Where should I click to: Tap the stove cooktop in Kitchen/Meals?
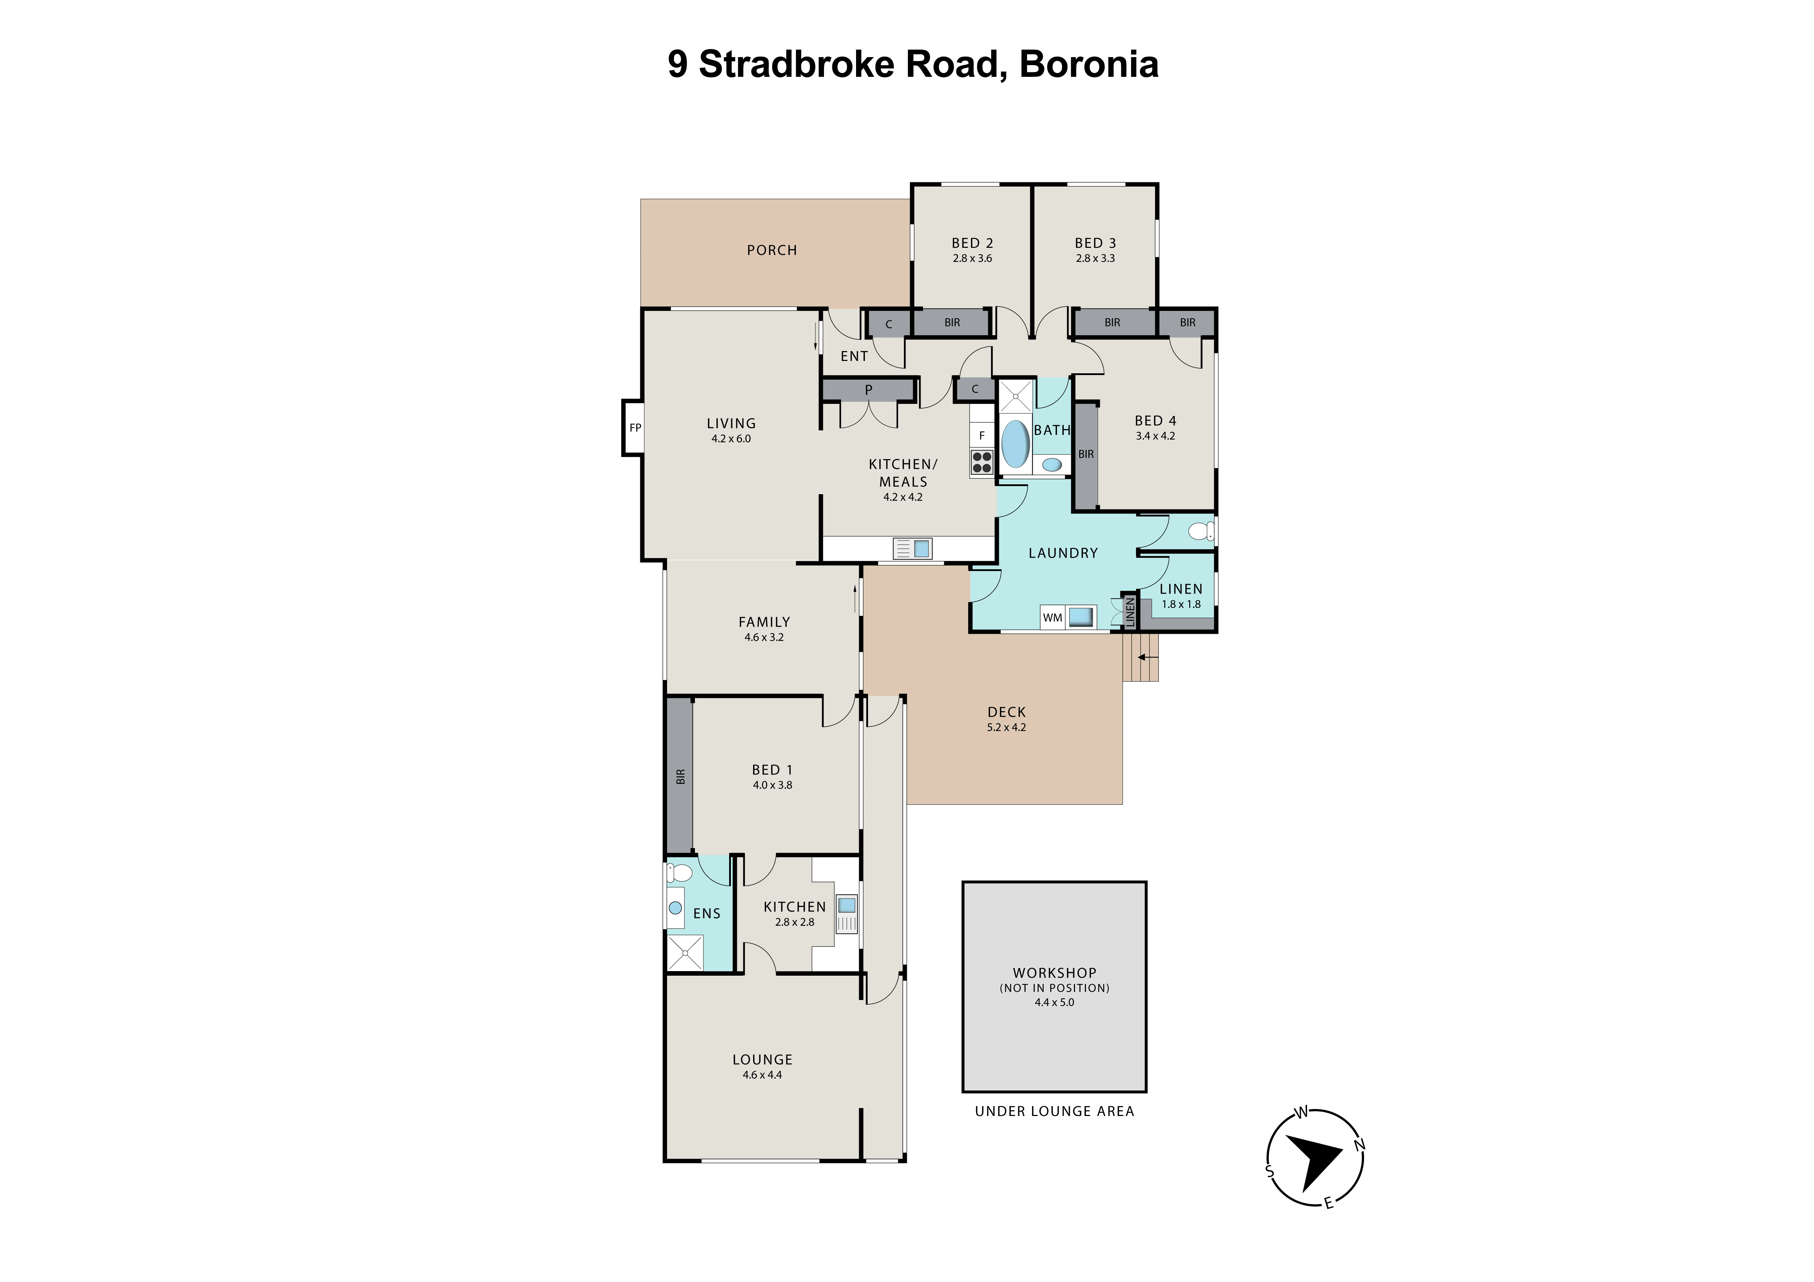(982, 462)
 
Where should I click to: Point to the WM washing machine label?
(1052, 618)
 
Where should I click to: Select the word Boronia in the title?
(1089, 64)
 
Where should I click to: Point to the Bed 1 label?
(772, 769)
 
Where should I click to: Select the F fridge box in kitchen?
(982, 435)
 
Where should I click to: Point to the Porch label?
(772, 250)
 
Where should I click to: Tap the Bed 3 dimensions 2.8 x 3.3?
(1095, 258)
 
